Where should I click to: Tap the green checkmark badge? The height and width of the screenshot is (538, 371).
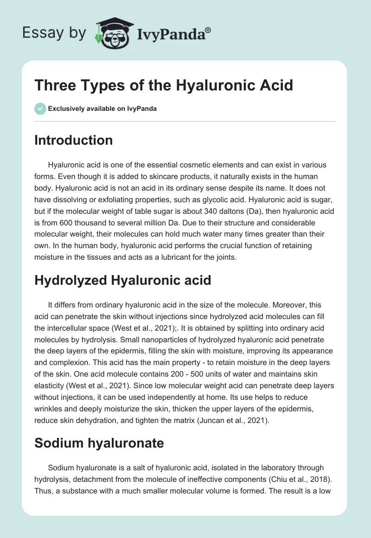[x=40, y=109]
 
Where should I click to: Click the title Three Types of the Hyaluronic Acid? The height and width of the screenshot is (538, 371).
[x=164, y=86]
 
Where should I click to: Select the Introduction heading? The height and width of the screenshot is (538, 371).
[x=73, y=140]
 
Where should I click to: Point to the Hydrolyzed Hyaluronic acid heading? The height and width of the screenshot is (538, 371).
[x=123, y=280]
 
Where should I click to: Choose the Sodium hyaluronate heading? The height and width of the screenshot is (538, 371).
[x=99, y=443]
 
